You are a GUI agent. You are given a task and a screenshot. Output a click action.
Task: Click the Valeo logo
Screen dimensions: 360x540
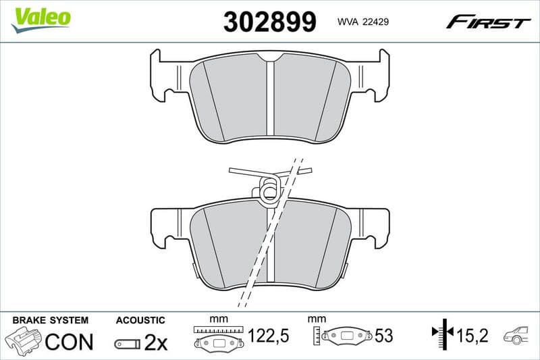[x=42, y=18]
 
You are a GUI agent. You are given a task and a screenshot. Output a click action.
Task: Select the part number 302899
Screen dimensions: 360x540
[x=269, y=22]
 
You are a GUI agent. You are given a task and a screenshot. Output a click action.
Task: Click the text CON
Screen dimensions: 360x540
[x=69, y=342]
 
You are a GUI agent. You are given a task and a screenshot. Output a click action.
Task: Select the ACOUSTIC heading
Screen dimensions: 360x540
[x=140, y=319]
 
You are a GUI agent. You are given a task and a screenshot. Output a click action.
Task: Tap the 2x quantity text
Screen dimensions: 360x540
[x=156, y=342]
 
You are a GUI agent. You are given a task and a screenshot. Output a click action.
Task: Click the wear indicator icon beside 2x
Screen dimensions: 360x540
[x=128, y=344]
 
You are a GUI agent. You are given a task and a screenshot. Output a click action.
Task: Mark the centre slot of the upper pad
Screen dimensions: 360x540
[x=269, y=98]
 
